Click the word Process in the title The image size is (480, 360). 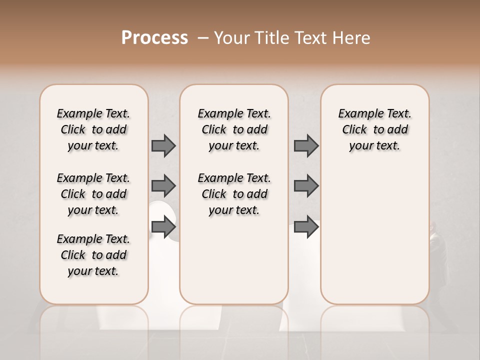[x=154, y=38]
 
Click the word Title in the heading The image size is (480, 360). [x=265, y=38]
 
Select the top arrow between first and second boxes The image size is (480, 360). [x=163, y=145]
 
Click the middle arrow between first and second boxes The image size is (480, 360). [x=163, y=186]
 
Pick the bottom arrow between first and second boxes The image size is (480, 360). [x=163, y=227]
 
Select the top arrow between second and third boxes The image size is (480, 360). [x=306, y=145]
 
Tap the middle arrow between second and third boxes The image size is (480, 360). [x=306, y=186]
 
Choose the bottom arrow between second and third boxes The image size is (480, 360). [x=306, y=227]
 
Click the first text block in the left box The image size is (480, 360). [x=93, y=129]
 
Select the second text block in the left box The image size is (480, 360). [x=93, y=194]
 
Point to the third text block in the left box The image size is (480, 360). [x=93, y=255]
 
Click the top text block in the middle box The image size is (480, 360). [x=234, y=129]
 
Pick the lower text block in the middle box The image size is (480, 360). [x=234, y=194]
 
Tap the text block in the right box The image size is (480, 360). [x=374, y=129]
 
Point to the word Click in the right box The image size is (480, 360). [x=354, y=130]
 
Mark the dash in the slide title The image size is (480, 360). [x=203, y=38]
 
